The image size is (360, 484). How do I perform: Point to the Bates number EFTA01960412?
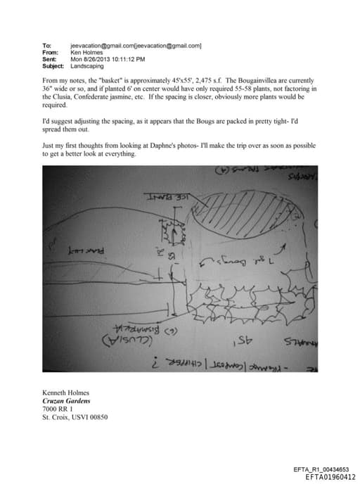(x=330, y=476)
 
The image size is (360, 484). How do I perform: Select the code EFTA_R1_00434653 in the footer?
(x=324, y=469)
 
